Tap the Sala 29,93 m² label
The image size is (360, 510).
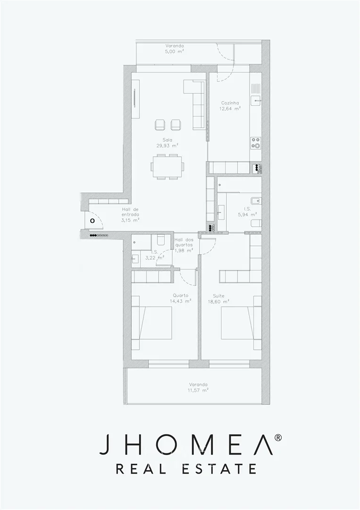(167, 143)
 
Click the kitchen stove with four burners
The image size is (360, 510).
(256, 143)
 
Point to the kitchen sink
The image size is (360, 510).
(256, 100)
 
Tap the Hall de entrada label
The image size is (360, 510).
(131, 214)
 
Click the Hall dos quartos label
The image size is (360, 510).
(184, 245)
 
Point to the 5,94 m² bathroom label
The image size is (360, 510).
(247, 212)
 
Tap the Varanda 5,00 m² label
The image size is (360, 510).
(175, 49)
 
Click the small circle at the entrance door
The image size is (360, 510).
(92, 221)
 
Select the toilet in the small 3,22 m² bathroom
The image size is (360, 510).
(160, 240)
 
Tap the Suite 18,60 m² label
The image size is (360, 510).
(218, 298)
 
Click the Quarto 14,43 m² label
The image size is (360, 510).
(181, 298)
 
